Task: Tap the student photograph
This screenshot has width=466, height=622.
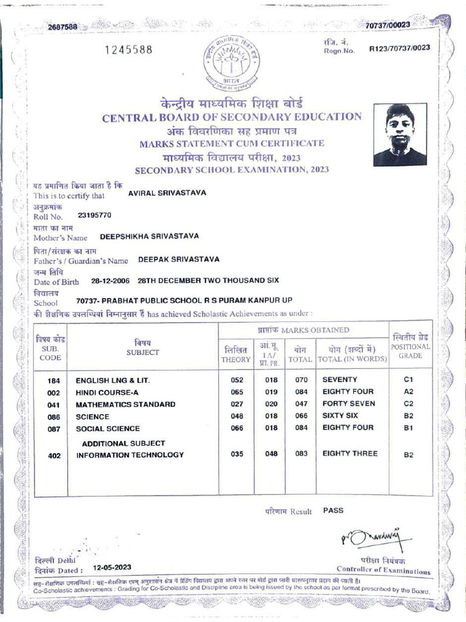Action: [399, 135]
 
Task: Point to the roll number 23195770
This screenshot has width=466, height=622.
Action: [95, 215]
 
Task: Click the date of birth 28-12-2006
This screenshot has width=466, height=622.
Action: [111, 281]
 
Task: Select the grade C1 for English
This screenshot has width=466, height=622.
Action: [408, 380]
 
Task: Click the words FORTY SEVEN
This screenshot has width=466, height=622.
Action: [349, 404]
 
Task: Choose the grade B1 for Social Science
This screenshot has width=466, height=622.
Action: [408, 428]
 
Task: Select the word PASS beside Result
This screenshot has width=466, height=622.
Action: [333, 511]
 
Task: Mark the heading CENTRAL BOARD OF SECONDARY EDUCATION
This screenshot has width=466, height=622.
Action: [232, 117]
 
